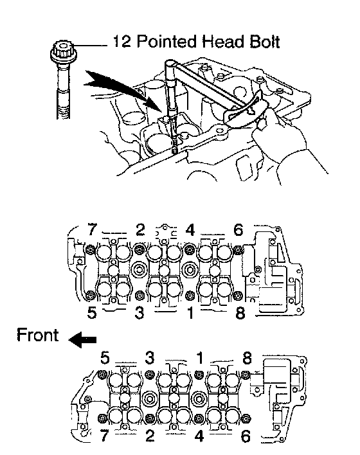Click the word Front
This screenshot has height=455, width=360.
[x=37, y=335]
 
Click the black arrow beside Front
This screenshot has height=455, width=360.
[x=82, y=339]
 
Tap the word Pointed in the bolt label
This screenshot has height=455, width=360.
[x=166, y=42]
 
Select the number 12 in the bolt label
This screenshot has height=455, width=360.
[x=122, y=42]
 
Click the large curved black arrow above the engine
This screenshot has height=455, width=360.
[x=122, y=89]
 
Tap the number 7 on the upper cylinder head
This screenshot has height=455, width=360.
[x=92, y=230]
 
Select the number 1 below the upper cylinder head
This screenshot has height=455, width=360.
[x=190, y=313]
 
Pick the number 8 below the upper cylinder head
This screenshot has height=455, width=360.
[x=240, y=313]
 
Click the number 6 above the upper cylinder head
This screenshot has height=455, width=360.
[x=238, y=230]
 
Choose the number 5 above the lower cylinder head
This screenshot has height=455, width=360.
[x=105, y=358]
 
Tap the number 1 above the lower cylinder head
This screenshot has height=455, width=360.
[x=201, y=358]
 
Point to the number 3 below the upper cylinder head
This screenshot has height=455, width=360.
[x=139, y=313]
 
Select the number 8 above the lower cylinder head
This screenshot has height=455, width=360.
[x=247, y=358]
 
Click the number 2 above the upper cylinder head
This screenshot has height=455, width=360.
[x=140, y=230]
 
